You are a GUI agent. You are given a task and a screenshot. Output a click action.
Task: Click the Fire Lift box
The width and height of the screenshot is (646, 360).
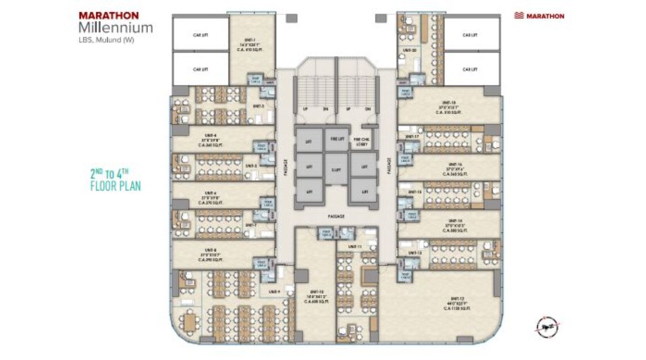point(336,138)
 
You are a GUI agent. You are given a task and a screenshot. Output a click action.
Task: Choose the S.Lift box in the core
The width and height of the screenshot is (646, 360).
point(336,164)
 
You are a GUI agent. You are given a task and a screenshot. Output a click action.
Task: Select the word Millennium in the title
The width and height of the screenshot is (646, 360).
point(115,28)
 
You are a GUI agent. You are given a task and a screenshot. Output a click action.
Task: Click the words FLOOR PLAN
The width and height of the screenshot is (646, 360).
point(115,186)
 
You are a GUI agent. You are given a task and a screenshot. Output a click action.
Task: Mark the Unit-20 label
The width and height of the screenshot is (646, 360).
point(410,50)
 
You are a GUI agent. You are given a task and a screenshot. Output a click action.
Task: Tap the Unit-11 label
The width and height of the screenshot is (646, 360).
point(356,247)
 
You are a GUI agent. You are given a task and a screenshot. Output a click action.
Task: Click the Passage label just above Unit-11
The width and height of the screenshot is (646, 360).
point(336,216)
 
